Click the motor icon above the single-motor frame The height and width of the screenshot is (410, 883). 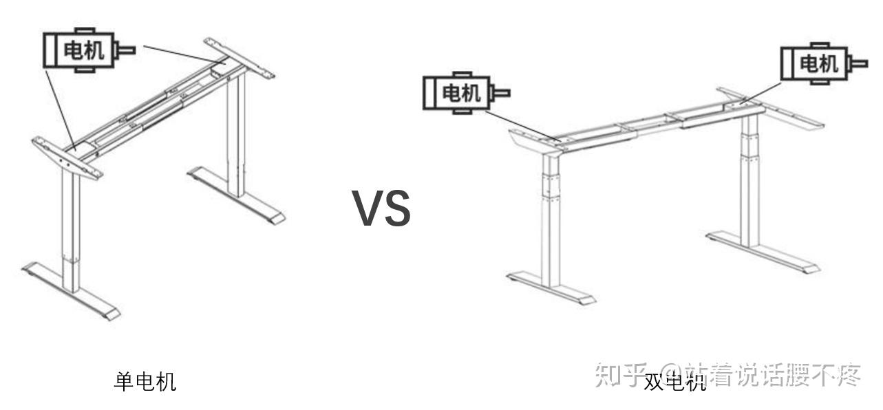pyautogui.click(x=81, y=50)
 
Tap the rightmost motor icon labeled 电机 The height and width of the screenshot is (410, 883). pyautogui.click(x=816, y=64)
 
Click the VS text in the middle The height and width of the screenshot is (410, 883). pyautogui.click(x=382, y=208)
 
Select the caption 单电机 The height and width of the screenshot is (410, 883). pyautogui.click(x=145, y=380)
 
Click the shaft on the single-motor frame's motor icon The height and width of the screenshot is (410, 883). pyautogui.click(x=127, y=50)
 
